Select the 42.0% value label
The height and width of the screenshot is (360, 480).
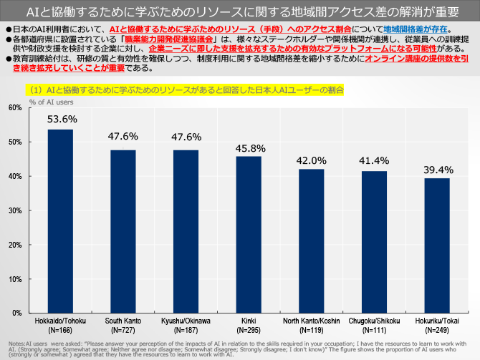311,160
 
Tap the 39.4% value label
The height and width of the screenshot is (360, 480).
437,169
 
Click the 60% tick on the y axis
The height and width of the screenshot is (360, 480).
15,107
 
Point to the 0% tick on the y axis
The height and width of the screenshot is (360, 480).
17,313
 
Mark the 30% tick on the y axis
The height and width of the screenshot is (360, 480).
15,210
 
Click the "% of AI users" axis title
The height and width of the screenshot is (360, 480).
49,101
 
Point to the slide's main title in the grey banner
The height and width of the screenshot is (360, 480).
239,11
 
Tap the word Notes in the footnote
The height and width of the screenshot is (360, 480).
16,344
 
